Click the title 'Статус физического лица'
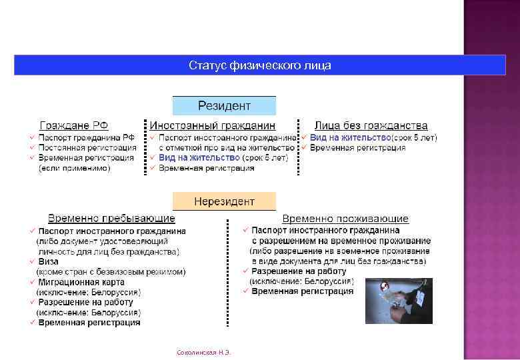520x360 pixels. tap(259, 65)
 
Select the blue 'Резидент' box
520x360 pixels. tap(224, 106)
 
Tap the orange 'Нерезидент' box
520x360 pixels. tap(224, 201)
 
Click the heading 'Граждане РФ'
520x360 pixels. tap(74, 125)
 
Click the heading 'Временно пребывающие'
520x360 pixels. tap(111, 219)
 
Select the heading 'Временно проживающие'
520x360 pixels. tap(345, 219)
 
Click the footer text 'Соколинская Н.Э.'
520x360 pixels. tap(201, 351)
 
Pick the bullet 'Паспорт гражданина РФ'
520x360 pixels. tap(86, 137)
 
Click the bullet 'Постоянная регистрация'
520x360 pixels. tap(87, 147)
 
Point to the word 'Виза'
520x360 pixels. tap(49, 262)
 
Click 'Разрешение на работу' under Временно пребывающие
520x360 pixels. tap(85, 302)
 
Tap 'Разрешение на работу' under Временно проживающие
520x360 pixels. tap(299, 271)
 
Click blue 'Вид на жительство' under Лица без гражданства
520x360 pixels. tap(350, 137)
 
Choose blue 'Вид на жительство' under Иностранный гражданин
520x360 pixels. tap(199, 158)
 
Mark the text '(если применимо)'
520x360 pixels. tap(74, 168)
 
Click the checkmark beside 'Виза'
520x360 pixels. tap(32, 262)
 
